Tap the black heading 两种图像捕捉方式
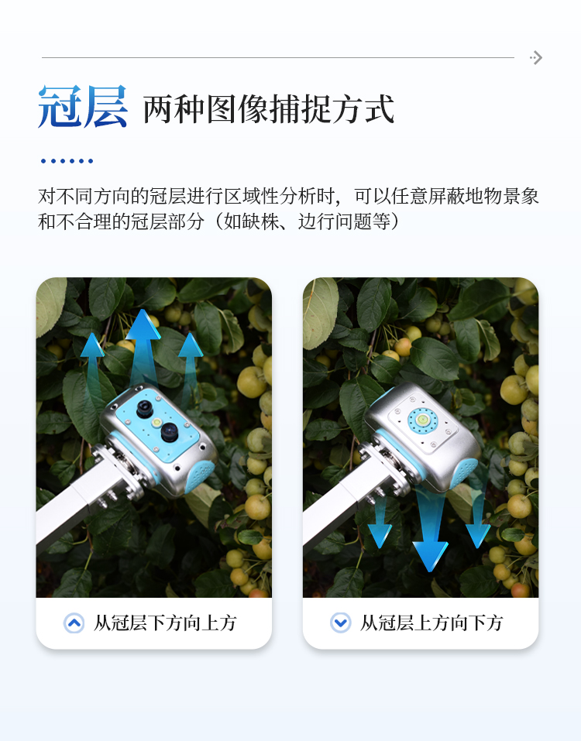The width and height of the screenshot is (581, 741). [268, 110]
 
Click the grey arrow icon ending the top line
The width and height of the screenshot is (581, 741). [536, 58]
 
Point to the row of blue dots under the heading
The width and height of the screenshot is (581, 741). [67, 161]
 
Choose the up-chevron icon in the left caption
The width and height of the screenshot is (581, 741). [74, 623]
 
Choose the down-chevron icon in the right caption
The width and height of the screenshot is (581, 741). [340, 623]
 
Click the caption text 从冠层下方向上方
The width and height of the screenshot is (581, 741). [165, 623]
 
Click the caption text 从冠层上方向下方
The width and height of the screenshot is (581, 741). [431, 623]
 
